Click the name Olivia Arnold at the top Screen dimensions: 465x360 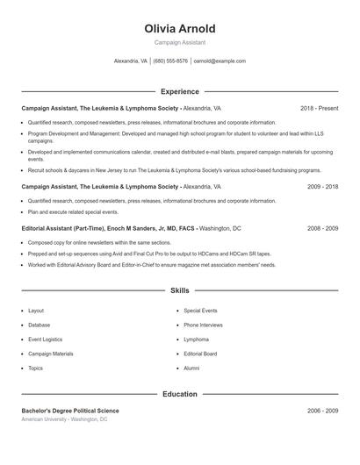tap(180, 29)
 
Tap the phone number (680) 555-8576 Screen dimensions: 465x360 tap(170, 61)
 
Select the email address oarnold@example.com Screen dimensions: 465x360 tap(220, 61)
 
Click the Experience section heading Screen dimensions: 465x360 tap(180, 91)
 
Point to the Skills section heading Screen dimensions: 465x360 tap(180, 290)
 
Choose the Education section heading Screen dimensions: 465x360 tap(180, 394)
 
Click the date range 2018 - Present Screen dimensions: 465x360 tap(319, 108)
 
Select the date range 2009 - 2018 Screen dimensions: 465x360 tap(322, 187)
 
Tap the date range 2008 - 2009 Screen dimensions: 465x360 tap(322, 228)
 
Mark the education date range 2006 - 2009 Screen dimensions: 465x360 tap(322, 411)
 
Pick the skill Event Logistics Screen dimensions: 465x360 tap(45, 340)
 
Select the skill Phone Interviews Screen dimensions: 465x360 tap(203, 325)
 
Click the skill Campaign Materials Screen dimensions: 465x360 tap(50, 354)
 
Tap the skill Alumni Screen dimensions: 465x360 tap(191, 368)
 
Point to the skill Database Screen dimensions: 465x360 tap(39, 325)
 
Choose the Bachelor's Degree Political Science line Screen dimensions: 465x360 tap(70, 411)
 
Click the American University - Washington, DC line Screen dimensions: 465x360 tap(64, 419)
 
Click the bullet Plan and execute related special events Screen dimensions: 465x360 tap(73, 211)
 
